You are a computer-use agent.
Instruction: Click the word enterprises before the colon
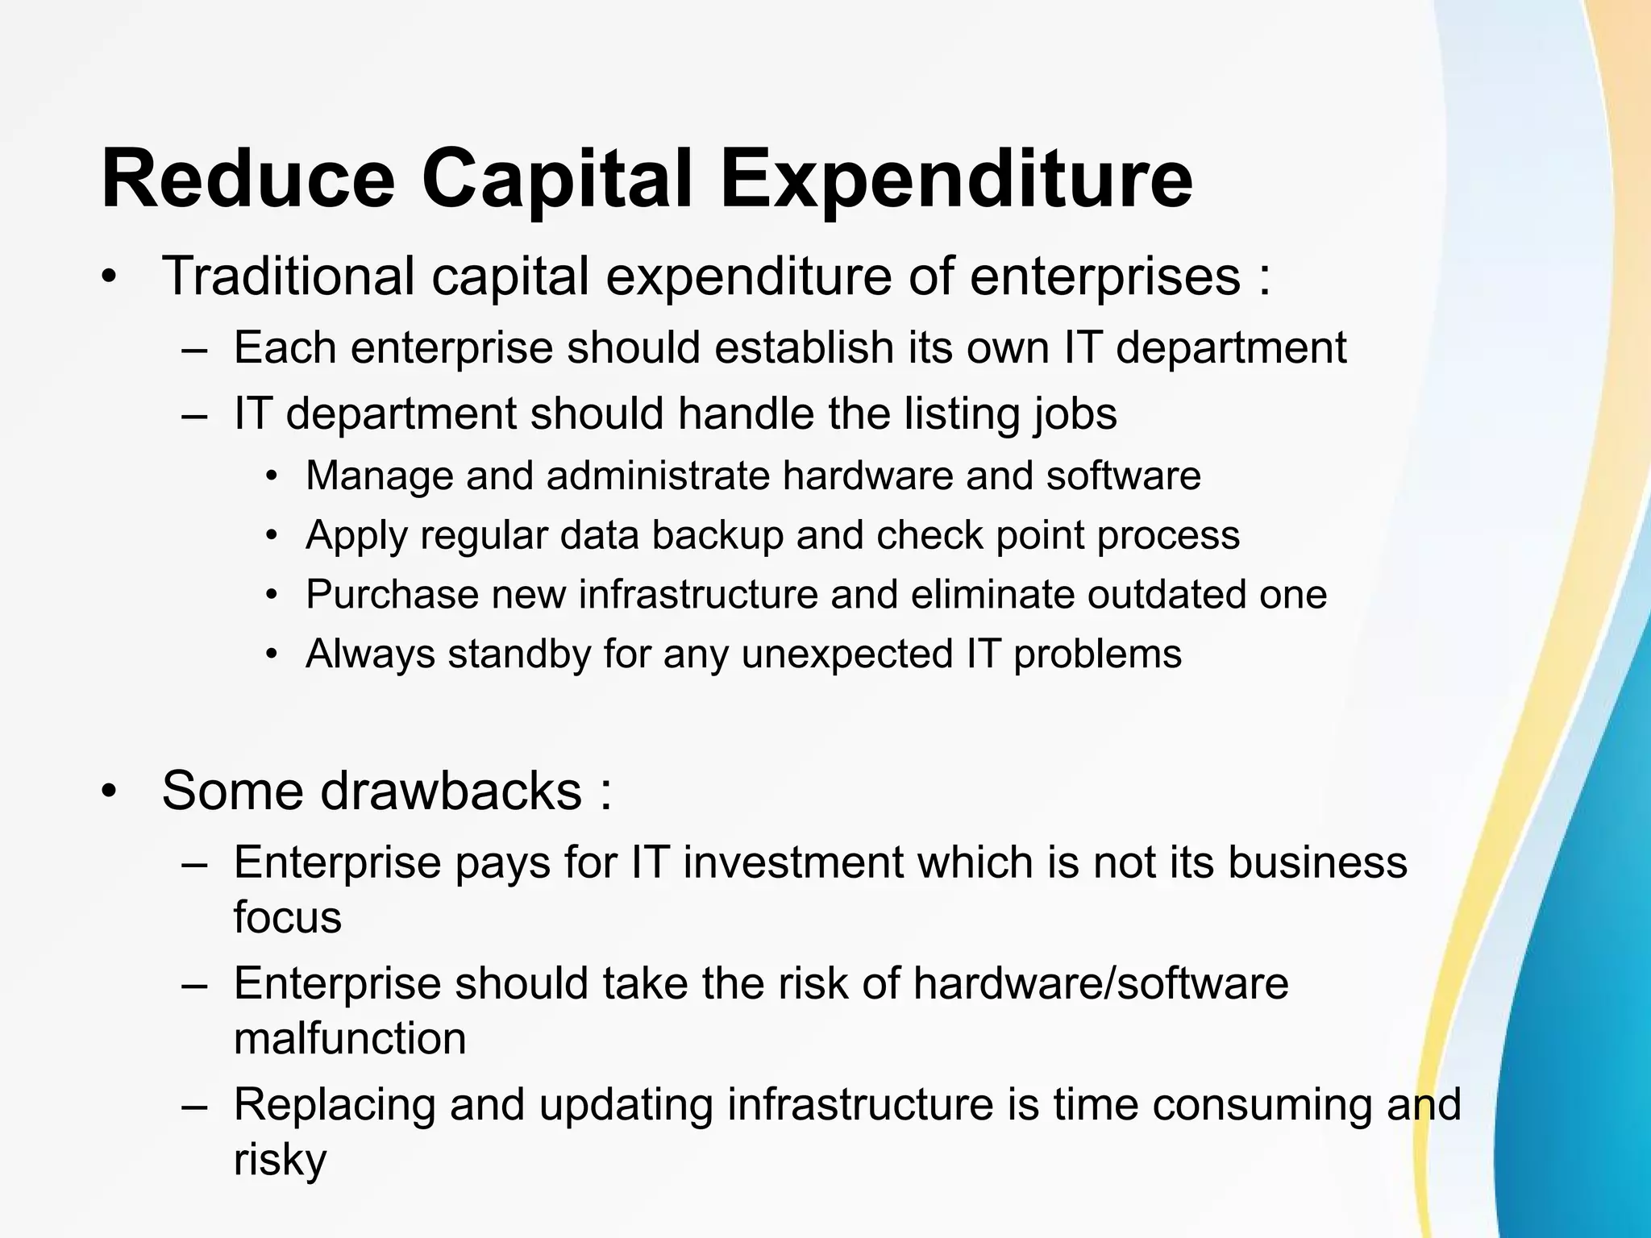click(1104, 276)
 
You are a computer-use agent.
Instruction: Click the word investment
click(793, 862)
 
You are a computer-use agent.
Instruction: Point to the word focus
click(287, 917)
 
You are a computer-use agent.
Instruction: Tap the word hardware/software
click(1100, 983)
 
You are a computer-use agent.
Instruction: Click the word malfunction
click(350, 1038)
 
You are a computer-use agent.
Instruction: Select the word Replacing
click(335, 1104)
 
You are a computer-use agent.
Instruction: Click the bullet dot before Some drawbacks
click(110, 791)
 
